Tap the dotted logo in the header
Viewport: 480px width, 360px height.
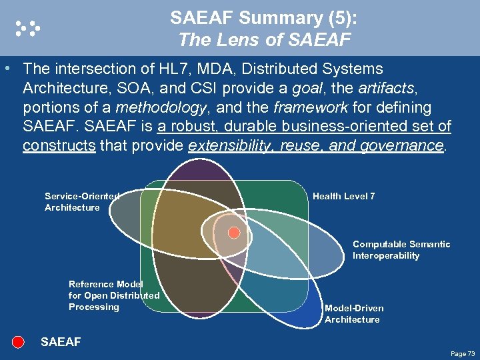pos(28,27)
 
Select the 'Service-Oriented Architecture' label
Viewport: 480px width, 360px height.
pos(81,202)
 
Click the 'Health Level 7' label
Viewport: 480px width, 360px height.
pos(343,196)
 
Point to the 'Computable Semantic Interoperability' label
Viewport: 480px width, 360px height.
pos(401,250)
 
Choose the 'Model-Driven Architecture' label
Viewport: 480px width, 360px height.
pos(354,314)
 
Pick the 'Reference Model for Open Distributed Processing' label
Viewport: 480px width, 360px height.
pos(113,295)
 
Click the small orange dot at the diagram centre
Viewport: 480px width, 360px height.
pos(234,233)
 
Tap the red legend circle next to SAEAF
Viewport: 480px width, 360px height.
pos(19,342)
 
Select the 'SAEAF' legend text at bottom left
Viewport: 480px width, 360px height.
pos(61,342)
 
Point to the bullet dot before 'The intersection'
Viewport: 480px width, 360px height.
pos(7,69)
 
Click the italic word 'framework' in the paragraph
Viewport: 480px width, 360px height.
pos(309,107)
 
